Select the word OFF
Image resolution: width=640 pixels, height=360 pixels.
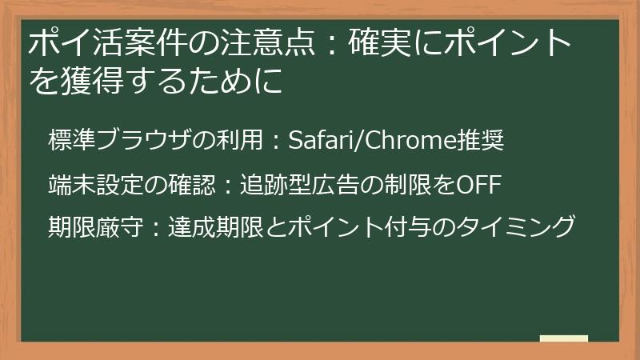(x=478, y=186)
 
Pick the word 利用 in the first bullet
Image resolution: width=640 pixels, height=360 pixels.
(x=239, y=142)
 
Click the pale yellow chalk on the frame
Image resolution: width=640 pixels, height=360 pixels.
(x=563, y=338)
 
